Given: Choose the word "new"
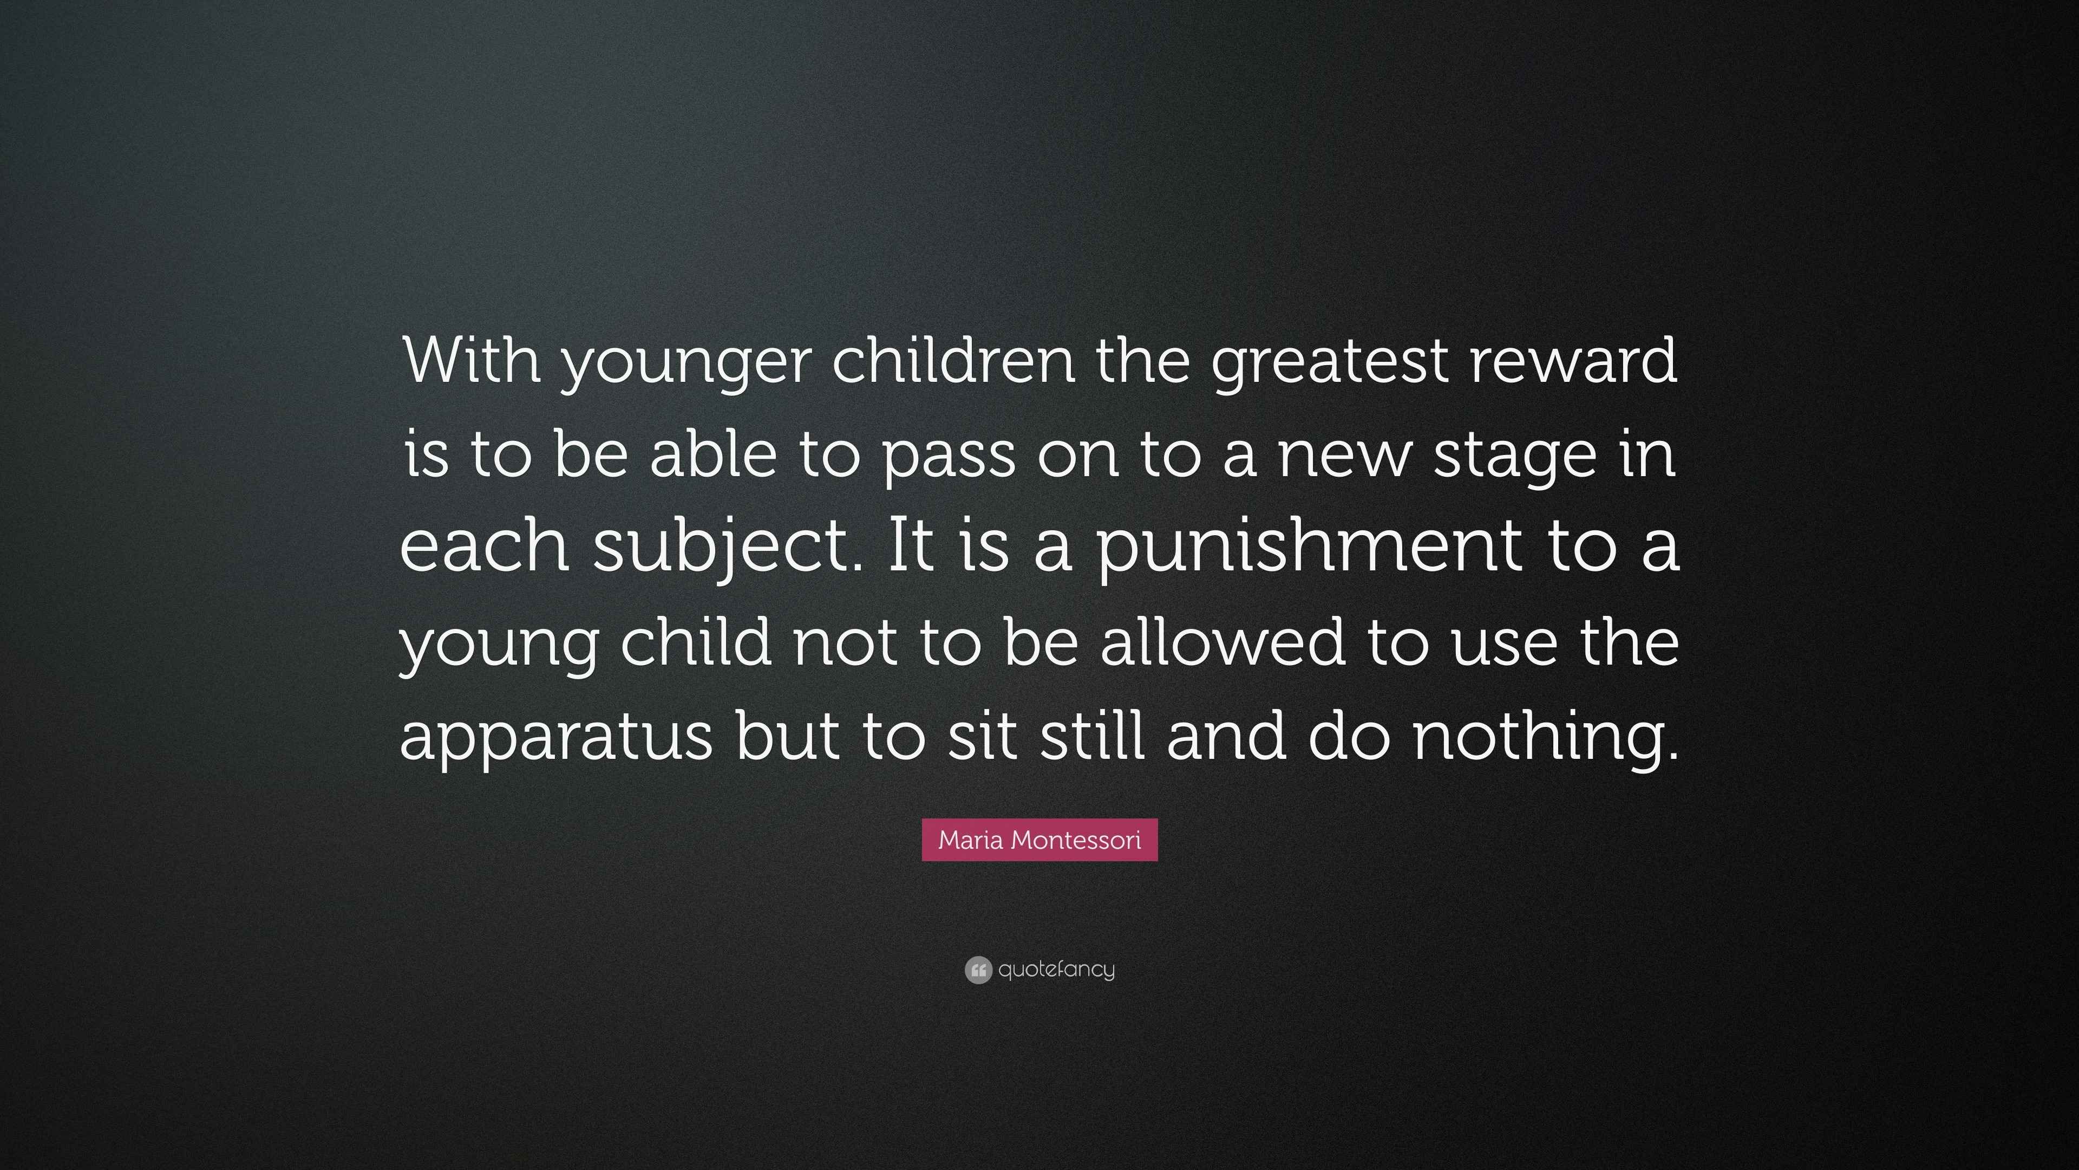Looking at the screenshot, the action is (x=1344, y=460).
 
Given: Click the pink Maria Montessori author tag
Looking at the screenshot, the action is (x=1039, y=840).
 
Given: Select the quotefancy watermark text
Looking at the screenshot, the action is (x=1056, y=970).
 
